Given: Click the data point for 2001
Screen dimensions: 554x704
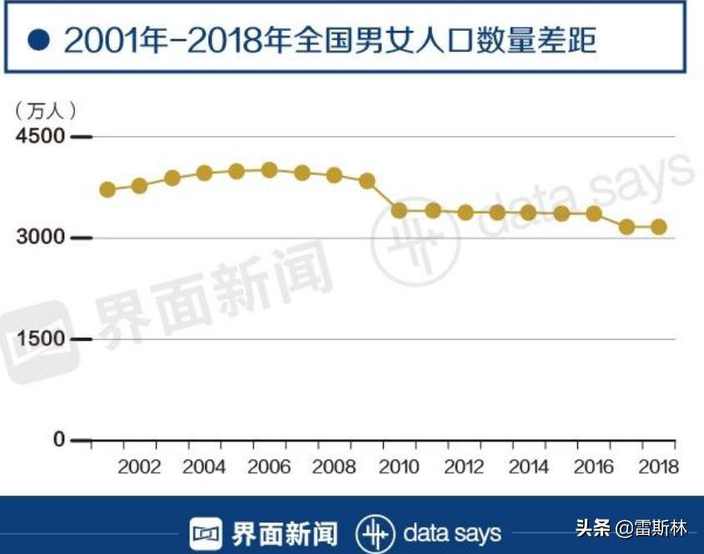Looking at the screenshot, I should (107, 189).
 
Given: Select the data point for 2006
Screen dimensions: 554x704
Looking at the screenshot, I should (269, 170).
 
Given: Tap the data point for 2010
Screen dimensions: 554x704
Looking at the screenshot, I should (399, 210).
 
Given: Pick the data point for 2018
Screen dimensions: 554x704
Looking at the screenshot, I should (658, 226).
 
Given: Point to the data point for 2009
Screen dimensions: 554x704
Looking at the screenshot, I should (367, 181).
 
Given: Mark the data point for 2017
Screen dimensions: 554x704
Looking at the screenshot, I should (626, 226).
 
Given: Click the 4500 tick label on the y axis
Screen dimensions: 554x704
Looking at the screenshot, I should (40, 137).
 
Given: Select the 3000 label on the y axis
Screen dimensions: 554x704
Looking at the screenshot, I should (40, 239).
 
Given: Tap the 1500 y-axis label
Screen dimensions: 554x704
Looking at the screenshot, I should (40, 340).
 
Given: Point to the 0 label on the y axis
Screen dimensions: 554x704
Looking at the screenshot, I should (58, 440).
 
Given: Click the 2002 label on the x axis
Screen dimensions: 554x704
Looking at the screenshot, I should (139, 466).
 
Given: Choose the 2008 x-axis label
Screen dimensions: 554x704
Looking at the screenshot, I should (334, 466).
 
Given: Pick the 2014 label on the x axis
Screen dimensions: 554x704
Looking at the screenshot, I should (529, 466).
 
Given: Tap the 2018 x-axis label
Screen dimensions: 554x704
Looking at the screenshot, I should (658, 466).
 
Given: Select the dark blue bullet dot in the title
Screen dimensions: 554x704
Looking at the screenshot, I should (38, 39).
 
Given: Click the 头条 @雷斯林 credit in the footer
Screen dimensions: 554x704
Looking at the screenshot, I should (631, 528).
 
